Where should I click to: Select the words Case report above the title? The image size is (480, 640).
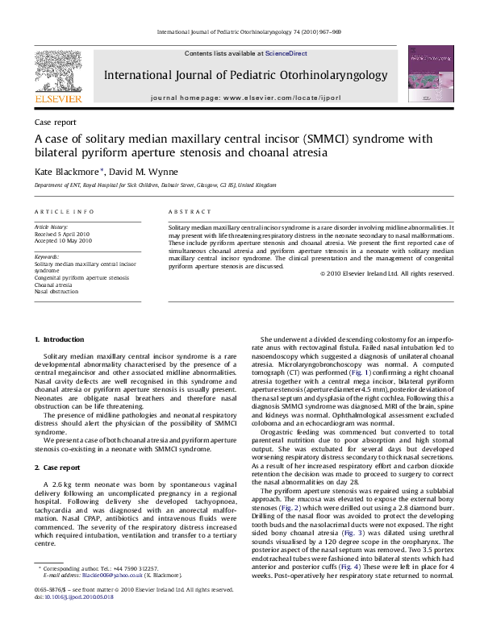pos(55,123)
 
